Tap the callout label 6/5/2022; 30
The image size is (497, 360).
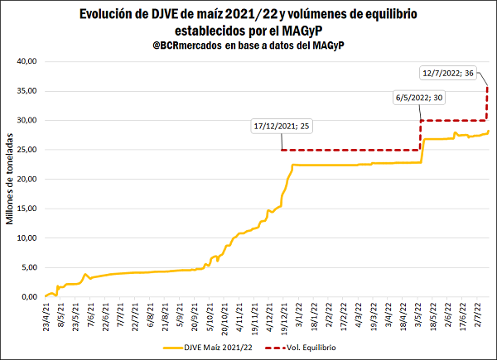(x=419, y=98)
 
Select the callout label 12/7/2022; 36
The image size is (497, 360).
(x=448, y=72)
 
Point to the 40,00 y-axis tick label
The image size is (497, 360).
(x=27, y=61)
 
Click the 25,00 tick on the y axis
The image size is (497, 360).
(x=27, y=150)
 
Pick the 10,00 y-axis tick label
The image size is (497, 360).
(x=27, y=238)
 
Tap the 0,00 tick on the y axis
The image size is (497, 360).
(x=30, y=297)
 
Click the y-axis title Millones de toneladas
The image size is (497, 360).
(x=11, y=179)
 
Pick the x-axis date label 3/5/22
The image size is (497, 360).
(x=420, y=317)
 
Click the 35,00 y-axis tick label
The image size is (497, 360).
(x=27, y=91)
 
